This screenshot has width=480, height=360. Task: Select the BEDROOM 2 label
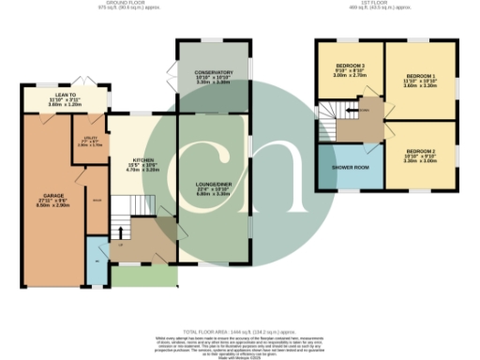coord(422,150)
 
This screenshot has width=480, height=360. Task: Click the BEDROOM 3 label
coord(351,66)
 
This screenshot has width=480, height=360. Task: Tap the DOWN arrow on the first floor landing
coord(364,111)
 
